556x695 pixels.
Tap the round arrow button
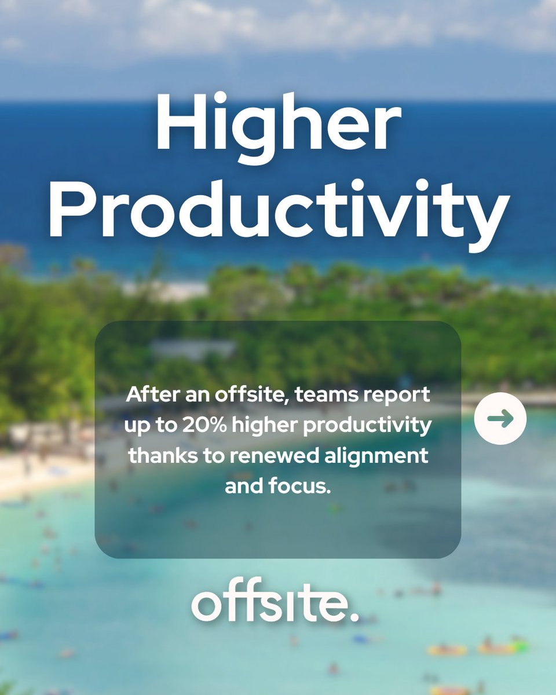(500, 418)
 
